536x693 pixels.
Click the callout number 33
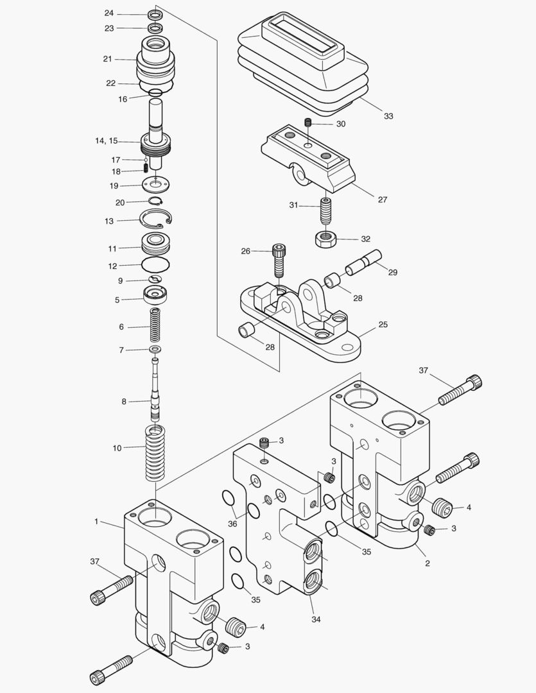[388, 116]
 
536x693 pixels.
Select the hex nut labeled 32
[325, 239]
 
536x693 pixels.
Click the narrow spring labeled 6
[155, 327]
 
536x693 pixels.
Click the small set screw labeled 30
[309, 123]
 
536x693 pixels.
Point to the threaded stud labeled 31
[326, 210]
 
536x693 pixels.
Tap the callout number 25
[383, 325]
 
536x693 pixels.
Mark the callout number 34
[316, 619]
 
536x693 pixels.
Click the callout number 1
[96, 522]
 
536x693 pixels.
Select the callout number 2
[428, 563]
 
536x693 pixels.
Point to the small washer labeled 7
[155, 350]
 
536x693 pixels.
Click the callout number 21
[107, 59]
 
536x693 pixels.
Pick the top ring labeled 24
[155, 14]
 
